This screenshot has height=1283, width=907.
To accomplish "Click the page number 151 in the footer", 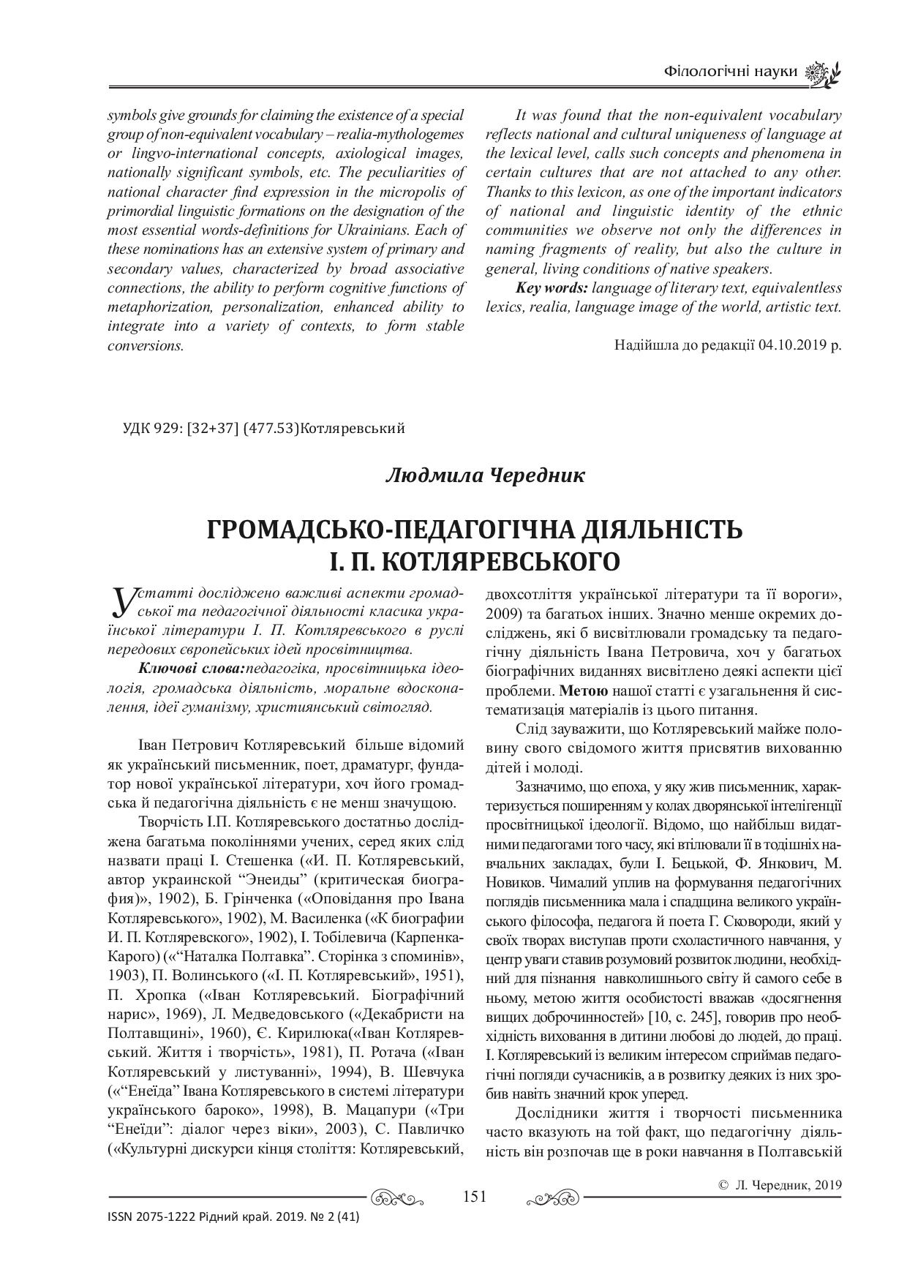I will [475, 1197].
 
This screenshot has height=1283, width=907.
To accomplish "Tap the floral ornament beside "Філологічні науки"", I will [822, 73].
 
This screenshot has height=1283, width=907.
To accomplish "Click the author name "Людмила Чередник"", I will [485, 476].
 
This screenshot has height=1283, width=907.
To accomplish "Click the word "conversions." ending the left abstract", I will [145, 345].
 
